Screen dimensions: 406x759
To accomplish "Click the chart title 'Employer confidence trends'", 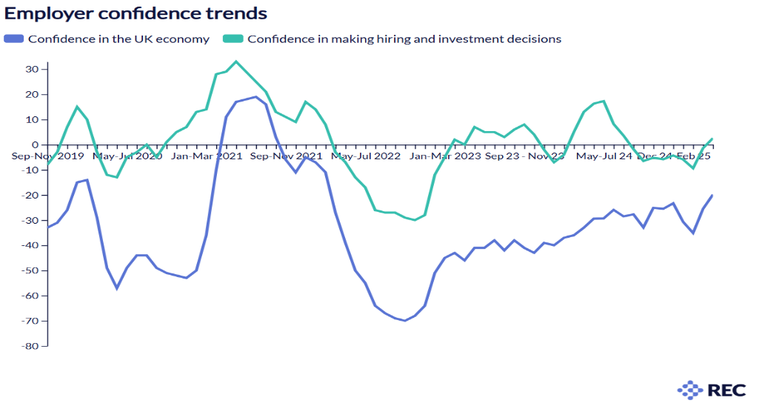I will tap(136, 13).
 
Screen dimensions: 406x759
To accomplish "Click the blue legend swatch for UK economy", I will tap(14, 39).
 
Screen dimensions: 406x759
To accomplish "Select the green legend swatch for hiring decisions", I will tap(233, 39).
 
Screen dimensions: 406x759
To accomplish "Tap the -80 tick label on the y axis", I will tap(30, 346).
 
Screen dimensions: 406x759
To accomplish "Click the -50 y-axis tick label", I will tap(30, 270).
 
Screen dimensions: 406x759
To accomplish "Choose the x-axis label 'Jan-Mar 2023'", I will tap(446, 156).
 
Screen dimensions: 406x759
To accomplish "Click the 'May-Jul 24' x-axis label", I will tap(604, 156).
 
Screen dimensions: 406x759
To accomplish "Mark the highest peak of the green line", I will tap(235, 61).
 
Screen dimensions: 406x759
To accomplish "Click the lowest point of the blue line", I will tap(405, 321).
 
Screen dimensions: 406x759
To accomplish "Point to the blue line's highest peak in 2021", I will tap(255, 96).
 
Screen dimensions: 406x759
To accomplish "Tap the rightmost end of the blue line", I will tap(712, 195).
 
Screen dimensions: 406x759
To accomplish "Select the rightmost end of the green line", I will tap(712, 139).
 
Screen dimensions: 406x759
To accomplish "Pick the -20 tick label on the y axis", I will tap(30, 195).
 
